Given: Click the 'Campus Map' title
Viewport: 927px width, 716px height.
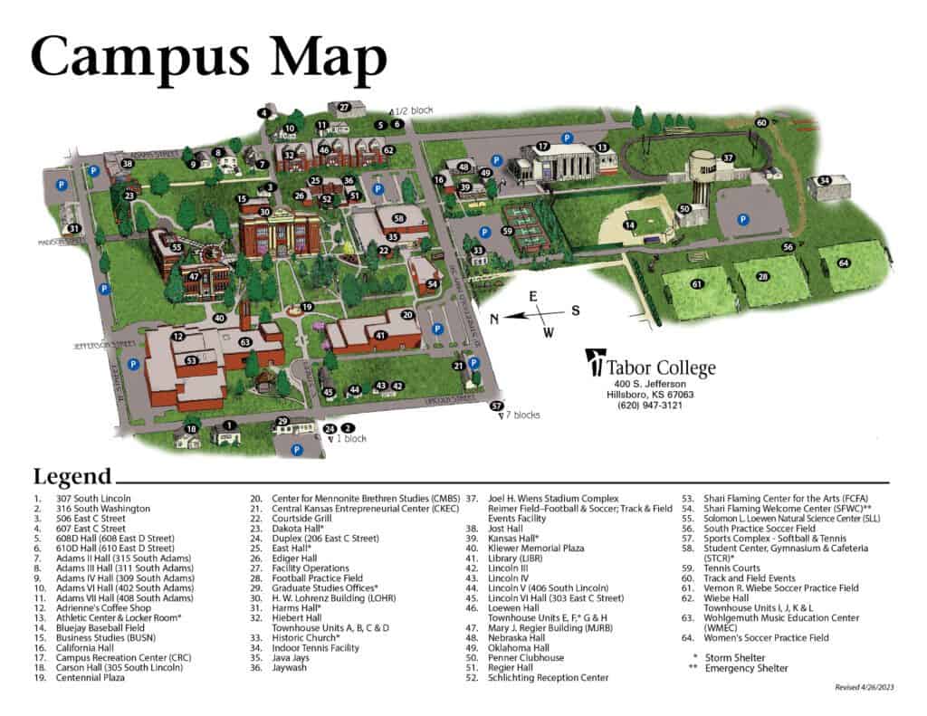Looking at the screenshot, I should pos(209,55).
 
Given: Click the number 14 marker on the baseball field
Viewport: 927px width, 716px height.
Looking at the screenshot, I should pos(630,224).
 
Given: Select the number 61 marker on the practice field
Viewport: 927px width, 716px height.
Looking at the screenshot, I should pos(697,284).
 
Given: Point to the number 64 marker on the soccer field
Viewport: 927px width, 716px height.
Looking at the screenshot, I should pos(843,263).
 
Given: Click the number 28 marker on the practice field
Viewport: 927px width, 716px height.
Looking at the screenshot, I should pos(763,276).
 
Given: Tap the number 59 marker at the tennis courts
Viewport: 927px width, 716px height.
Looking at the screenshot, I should pos(508,231).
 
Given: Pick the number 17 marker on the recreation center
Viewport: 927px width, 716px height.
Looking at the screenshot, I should pos(543,146).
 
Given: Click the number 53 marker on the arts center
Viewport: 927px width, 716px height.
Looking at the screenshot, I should pos(191,360).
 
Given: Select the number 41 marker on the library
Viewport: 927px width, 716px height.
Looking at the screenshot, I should pos(380,336).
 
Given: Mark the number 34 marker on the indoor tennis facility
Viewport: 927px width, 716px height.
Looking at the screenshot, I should pos(824,180).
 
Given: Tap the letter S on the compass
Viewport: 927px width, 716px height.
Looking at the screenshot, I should pos(574,310).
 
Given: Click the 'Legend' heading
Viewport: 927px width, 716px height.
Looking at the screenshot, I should pos(72,477).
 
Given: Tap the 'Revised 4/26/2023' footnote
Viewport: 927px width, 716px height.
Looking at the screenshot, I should pos(861,688).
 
